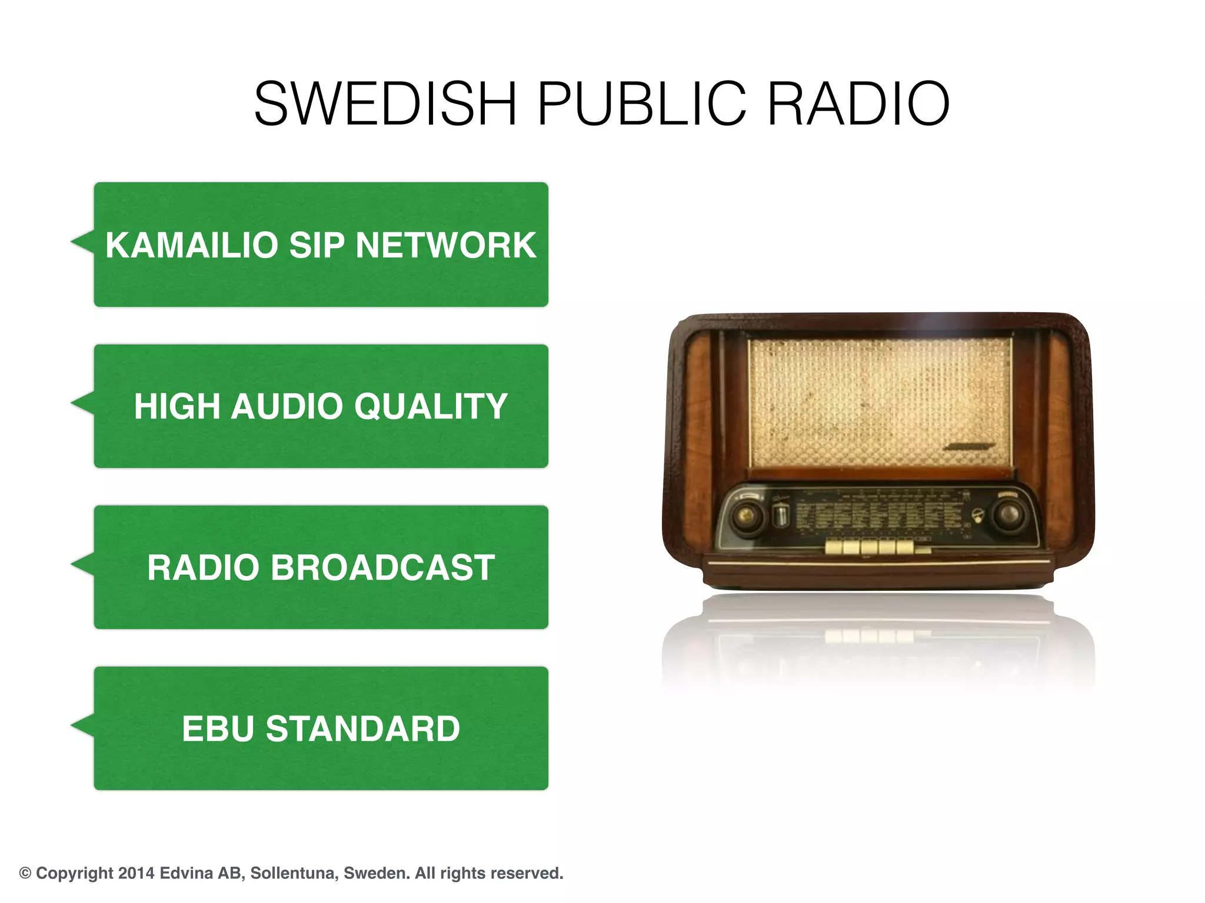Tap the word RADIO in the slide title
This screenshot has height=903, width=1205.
click(x=858, y=104)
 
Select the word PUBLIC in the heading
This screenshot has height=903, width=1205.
click(x=642, y=104)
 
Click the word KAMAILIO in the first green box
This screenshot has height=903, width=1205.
click(x=191, y=245)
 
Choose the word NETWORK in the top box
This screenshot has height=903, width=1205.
click(x=446, y=245)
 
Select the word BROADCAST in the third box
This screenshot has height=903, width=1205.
click(x=382, y=568)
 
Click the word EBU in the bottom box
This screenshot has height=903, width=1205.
click(x=218, y=729)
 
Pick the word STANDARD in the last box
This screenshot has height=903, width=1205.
click(x=362, y=729)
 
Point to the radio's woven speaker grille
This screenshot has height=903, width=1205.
click(x=880, y=403)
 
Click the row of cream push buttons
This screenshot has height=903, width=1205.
click(x=869, y=547)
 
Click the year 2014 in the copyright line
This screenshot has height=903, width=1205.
click(x=137, y=873)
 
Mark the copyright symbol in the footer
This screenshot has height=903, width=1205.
click(x=25, y=874)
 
